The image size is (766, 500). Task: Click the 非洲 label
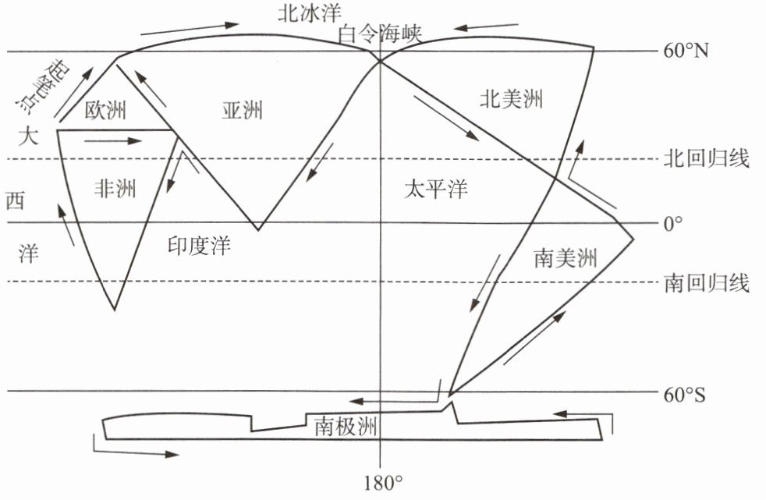click(115, 188)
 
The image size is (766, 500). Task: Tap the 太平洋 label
click(436, 189)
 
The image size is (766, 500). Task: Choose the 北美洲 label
click(511, 99)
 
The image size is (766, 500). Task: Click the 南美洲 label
click(566, 257)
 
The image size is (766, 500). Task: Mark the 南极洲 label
click(346, 426)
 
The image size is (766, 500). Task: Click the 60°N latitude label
click(686, 52)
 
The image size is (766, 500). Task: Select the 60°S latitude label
click(684, 395)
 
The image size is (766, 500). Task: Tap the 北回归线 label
click(707, 159)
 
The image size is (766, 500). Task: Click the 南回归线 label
click(707, 282)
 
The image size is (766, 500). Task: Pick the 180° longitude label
click(381, 481)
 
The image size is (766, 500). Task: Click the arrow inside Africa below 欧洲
click(112, 142)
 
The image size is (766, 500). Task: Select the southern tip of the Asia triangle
click(258, 230)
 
